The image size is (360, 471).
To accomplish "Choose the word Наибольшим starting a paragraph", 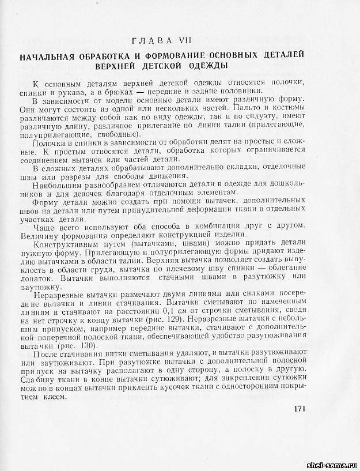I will coord(59,186).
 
